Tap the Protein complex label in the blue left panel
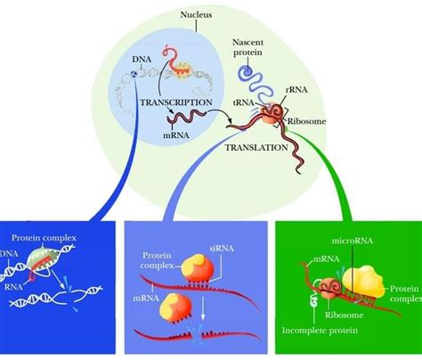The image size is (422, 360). [x=42, y=238]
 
